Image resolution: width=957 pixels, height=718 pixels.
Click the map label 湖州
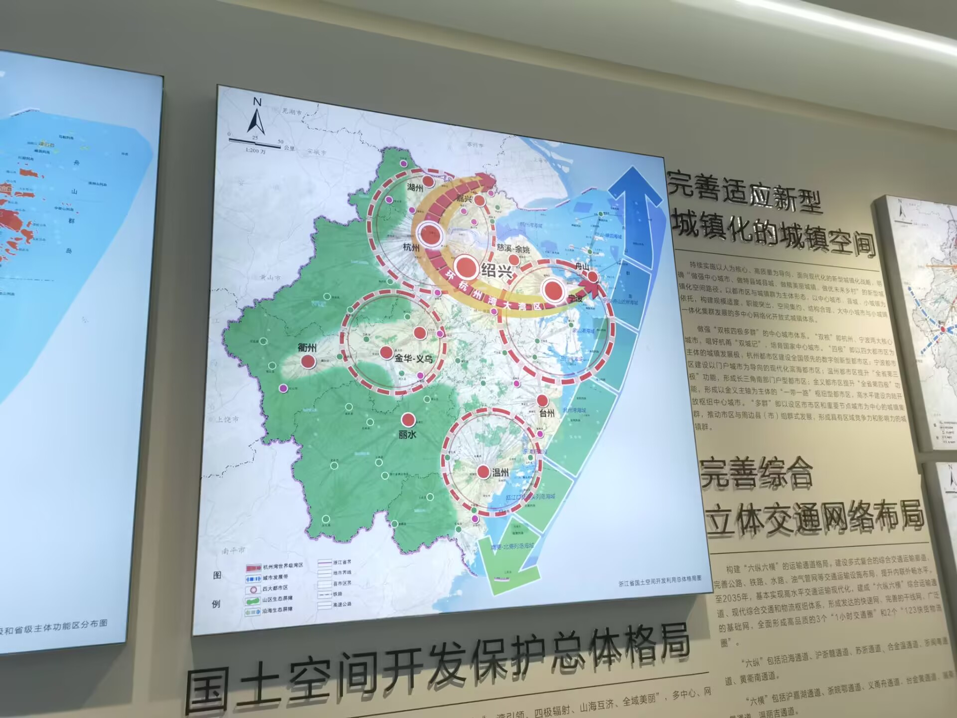pos(415,187)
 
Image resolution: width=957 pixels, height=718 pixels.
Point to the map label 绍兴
pos(496,271)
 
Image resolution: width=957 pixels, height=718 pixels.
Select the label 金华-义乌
pos(413,358)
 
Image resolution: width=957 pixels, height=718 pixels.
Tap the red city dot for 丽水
pos(408,420)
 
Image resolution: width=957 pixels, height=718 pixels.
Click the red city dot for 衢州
pos(308,361)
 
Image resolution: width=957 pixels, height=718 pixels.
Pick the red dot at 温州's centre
pos(483,472)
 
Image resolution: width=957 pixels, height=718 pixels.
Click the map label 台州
pos(547,413)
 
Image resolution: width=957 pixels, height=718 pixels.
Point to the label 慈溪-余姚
pos(513,248)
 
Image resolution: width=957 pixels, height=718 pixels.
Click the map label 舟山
pos(582,266)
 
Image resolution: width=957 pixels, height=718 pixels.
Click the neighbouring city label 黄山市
pos(271,278)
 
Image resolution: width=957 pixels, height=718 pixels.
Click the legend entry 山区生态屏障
pos(277,599)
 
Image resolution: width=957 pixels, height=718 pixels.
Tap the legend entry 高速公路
pos(342,604)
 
